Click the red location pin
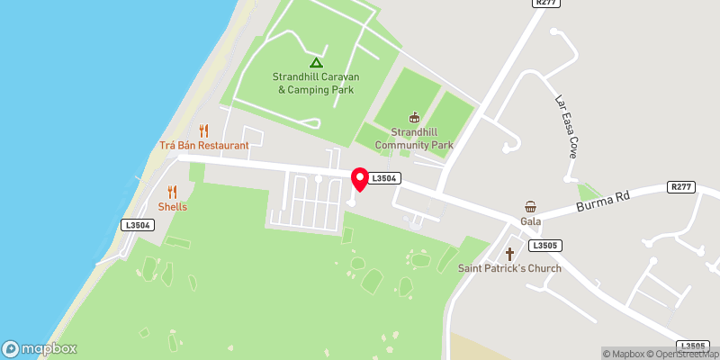(x=359, y=179)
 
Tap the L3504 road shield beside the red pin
(x=383, y=179)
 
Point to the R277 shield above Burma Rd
(x=682, y=187)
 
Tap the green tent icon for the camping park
(x=315, y=62)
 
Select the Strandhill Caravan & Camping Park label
(x=315, y=83)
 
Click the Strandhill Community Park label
(x=414, y=139)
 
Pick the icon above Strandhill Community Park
(x=414, y=117)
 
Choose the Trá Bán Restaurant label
(x=203, y=145)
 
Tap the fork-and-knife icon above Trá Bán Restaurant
(x=203, y=130)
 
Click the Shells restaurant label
(x=173, y=206)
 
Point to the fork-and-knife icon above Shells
(x=173, y=191)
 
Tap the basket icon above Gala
(x=530, y=206)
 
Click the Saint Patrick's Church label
(x=509, y=268)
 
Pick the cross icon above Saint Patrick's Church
(x=509, y=253)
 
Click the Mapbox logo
(x=40, y=348)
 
